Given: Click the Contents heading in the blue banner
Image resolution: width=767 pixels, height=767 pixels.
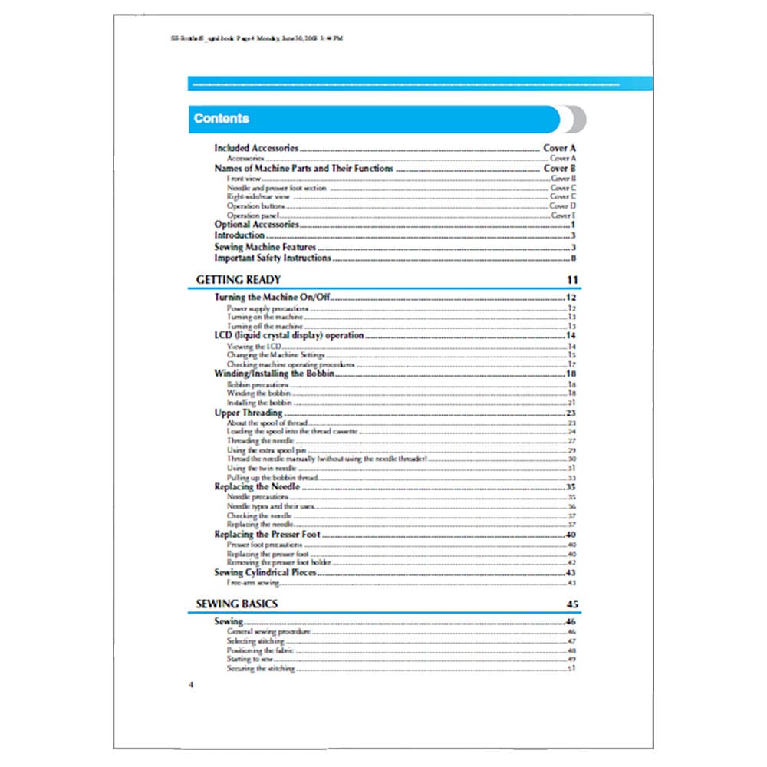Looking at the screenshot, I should [222, 119].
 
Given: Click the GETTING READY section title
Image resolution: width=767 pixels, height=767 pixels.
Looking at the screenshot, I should [238, 280].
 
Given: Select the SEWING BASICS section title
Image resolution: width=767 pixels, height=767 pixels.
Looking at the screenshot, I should [236, 604].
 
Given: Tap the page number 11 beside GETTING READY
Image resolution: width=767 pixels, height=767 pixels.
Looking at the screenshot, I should [572, 280].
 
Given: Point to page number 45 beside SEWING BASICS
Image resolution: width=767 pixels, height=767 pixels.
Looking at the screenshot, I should [572, 604].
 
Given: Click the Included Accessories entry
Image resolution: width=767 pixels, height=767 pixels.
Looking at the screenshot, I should [256, 148].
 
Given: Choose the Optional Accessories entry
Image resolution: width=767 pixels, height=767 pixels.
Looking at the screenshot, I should [255, 225].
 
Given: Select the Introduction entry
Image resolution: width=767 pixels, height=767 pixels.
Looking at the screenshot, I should [239, 236].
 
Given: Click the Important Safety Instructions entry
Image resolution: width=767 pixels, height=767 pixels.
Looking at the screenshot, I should [272, 258].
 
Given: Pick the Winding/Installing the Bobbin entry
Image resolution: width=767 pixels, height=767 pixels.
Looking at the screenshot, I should [274, 374].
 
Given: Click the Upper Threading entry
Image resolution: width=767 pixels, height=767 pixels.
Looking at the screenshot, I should [248, 413].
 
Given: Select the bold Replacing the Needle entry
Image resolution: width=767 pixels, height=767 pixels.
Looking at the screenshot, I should [252, 487].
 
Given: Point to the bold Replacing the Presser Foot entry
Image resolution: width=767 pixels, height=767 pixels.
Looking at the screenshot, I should [267, 534].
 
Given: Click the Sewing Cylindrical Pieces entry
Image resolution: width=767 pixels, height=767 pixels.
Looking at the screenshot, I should [265, 572].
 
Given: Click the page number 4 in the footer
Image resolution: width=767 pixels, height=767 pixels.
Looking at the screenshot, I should [191, 684].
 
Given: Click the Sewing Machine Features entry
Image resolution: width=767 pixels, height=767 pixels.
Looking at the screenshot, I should [265, 247].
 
